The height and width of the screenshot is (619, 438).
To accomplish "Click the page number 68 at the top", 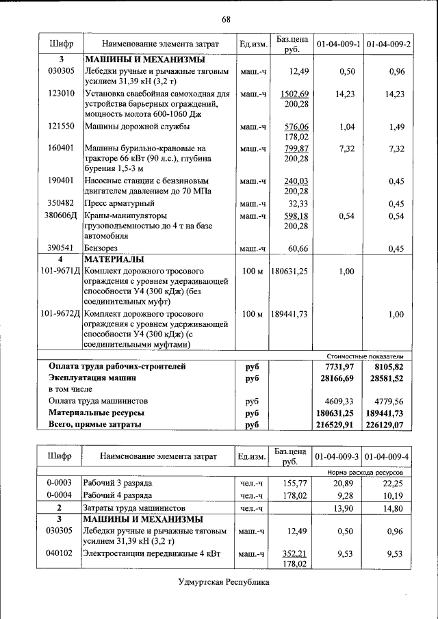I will pyautogui.click(x=226, y=18).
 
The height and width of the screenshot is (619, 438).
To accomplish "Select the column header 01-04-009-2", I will pyautogui.click(x=388, y=44).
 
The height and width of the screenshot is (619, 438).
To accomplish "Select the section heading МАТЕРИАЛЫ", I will pyautogui.click(x=114, y=260).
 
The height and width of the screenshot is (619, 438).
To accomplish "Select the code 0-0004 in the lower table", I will pyautogui.click(x=60, y=495).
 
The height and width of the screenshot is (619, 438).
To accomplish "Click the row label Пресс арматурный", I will pyautogui.click(x=120, y=204).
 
